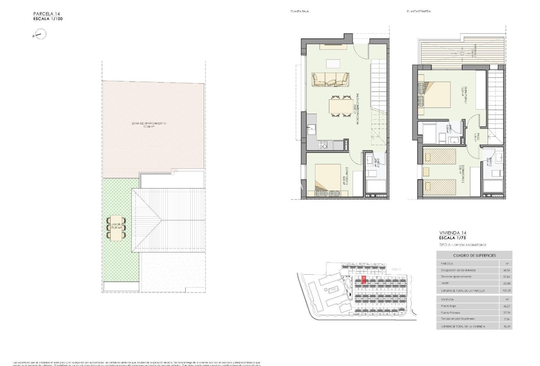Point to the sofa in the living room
(x=330, y=79)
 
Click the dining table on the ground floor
(x=341, y=107)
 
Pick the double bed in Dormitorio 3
(x=328, y=180)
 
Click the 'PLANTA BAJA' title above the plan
(x=299, y=12)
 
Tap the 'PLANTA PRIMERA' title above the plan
(x=418, y=12)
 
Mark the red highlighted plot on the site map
(x=363, y=280)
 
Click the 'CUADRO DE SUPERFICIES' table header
(x=474, y=256)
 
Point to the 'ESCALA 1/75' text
(x=454, y=238)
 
